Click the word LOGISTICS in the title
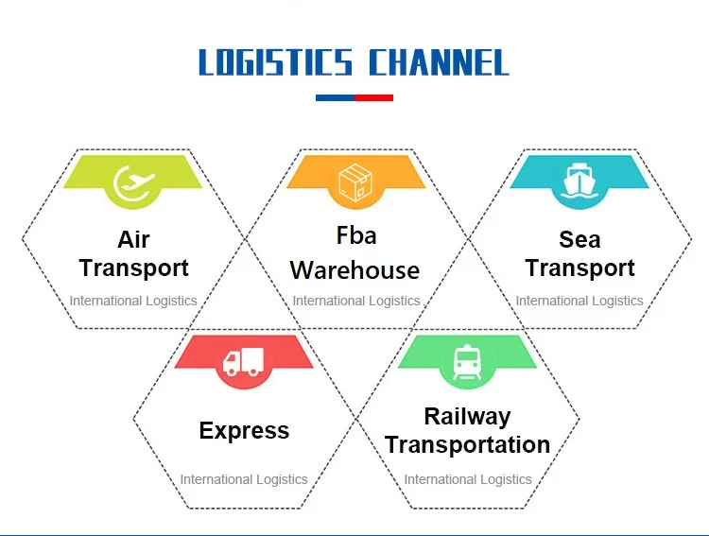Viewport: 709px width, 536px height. [x=275, y=62]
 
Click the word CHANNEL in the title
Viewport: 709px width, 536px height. [x=438, y=62]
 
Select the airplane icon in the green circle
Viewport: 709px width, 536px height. [x=133, y=183]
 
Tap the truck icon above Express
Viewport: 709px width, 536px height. [x=244, y=361]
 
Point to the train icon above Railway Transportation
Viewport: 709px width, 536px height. [x=467, y=361]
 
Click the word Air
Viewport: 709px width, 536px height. [x=133, y=238]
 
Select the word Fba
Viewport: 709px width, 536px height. [x=355, y=234]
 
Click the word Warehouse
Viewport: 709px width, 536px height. [x=354, y=270]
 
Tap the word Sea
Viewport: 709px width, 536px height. [x=579, y=238]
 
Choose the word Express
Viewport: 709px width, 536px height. [x=244, y=431]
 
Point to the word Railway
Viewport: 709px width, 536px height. [x=467, y=416]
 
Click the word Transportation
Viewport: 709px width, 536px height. [x=467, y=444]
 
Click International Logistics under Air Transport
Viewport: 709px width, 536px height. [x=133, y=302]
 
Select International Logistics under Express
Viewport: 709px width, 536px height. [x=244, y=479]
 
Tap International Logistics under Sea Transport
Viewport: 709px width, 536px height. [x=579, y=302]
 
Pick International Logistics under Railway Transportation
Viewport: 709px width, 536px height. [x=468, y=479]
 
